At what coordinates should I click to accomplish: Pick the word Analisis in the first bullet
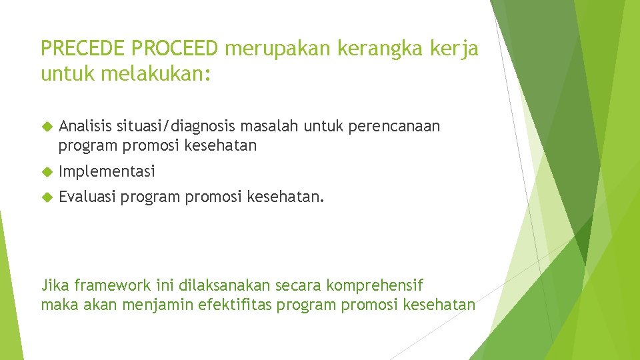(x=85, y=126)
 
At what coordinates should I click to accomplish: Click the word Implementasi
(x=107, y=171)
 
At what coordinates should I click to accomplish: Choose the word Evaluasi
(x=87, y=197)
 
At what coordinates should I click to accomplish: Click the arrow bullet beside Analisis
(x=47, y=126)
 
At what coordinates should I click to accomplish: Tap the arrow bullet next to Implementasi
(x=47, y=171)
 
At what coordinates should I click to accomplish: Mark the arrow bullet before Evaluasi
(x=47, y=197)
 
